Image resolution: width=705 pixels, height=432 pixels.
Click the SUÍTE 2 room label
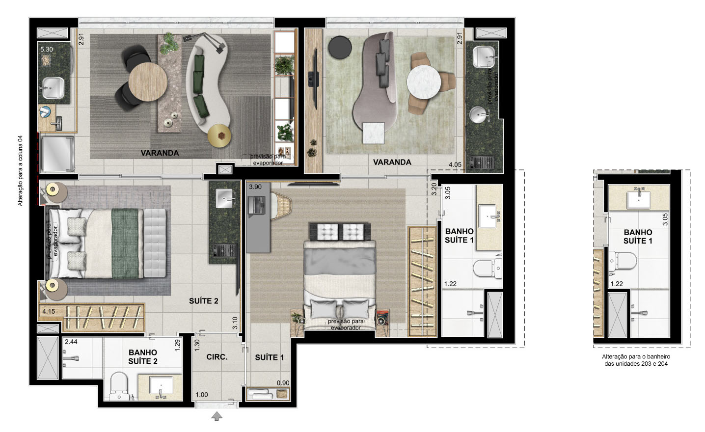[x=203, y=301]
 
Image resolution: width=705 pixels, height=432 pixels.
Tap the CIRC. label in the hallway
[x=217, y=357]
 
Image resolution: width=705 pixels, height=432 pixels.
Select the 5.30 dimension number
[x=47, y=50]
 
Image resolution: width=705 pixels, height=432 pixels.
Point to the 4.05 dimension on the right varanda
[x=455, y=164]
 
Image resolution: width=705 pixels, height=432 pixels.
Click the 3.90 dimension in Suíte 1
[x=255, y=187]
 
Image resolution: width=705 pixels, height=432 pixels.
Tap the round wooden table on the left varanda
[x=148, y=82]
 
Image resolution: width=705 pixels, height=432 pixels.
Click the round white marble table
[x=424, y=82]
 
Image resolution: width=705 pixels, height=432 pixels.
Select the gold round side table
[x=219, y=135]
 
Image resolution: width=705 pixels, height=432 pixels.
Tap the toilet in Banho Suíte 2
[x=119, y=386]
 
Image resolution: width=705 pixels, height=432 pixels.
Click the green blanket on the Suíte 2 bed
[x=126, y=244]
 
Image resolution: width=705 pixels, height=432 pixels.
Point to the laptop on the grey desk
[x=257, y=206]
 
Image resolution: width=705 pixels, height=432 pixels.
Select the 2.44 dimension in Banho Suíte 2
[x=71, y=341]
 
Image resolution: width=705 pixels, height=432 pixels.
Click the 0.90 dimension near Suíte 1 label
[x=283, y=383]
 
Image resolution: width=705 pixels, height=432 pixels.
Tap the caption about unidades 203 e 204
[x=636, y=360]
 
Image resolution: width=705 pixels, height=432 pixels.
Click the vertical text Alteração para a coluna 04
[x=20, y=170]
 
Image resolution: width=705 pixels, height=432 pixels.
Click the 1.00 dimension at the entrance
[x=202, y=395]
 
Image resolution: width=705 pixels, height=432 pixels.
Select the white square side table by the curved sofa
[x=374, y=133]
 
